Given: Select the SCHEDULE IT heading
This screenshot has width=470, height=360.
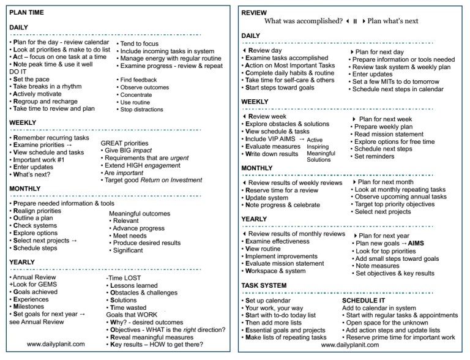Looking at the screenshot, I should [365, 301].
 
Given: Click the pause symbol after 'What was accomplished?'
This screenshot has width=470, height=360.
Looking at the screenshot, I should [354, 21].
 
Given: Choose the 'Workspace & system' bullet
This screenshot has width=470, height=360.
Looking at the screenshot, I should [280, 271].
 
